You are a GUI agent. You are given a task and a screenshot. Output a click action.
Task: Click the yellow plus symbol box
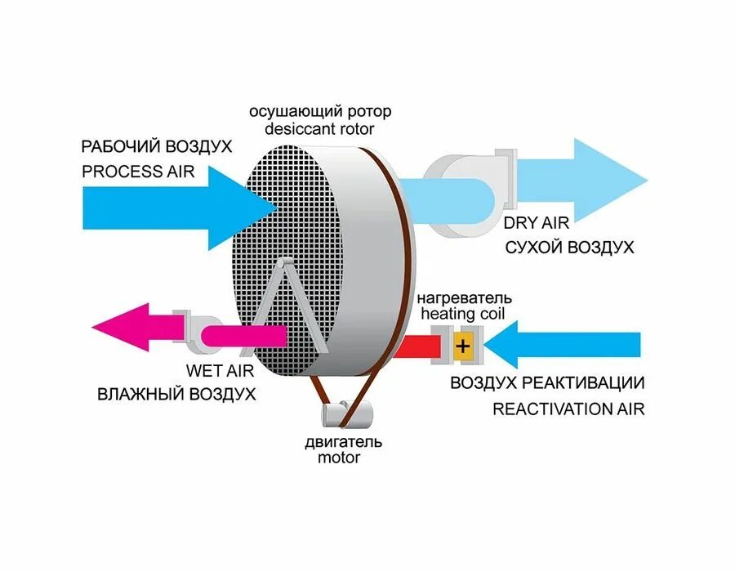point(463,346)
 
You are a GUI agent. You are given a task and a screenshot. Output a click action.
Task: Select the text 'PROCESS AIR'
point(138,172)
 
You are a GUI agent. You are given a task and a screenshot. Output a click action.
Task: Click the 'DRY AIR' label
point(536,221)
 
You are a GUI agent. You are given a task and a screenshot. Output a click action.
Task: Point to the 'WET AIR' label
point(220,369)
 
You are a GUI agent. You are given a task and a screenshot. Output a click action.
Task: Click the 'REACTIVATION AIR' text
point(568,409)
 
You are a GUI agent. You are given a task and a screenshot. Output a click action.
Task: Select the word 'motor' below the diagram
point(339,458)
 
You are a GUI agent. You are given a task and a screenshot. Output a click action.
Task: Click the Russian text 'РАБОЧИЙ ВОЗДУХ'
point(156,147)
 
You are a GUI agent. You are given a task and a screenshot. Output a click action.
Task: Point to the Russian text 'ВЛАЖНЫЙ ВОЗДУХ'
point(176,393)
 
